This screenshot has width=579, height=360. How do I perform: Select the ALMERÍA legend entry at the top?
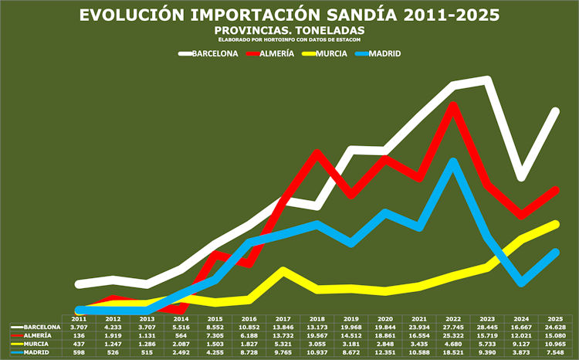tap(277, 54)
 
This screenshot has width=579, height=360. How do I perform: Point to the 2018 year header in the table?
tap(317, 318)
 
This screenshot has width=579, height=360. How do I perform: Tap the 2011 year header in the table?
tap(78, 318)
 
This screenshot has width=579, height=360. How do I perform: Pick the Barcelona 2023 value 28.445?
tap(487, 328)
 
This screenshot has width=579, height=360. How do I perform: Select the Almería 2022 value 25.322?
tap(453, 336)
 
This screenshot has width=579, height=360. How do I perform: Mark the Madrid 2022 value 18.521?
tap(453, 353)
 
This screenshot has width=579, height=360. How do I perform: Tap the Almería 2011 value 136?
tap(78, 336)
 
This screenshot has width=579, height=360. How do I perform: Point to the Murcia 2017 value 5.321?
tap(283, 345)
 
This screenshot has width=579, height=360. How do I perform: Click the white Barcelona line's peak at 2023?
tap(487, 79)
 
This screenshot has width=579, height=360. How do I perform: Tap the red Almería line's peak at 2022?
tap(453, 105)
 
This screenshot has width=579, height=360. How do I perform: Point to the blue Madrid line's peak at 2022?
tap(453, 161)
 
